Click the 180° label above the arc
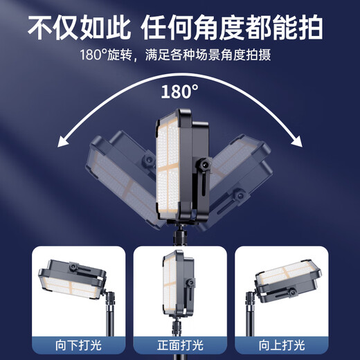pyautogui.click(x=180, y=91)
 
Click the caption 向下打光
pyautogui.click(x=78, y=344)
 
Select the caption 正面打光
pyautogui.click(x=180, y=344)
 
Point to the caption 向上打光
pyautogui.click(x=281, y=344)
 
